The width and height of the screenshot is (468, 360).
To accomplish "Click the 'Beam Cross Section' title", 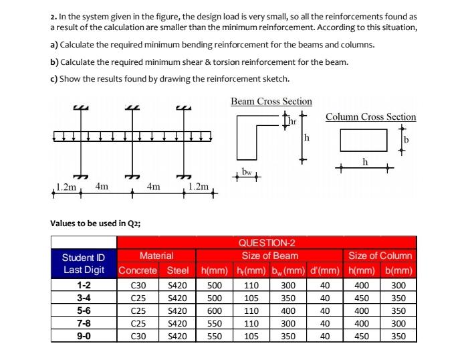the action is coord(271,101).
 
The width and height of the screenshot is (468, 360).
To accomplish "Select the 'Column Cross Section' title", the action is coord(370,116).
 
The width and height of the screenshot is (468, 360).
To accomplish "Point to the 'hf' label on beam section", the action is coord(292,121).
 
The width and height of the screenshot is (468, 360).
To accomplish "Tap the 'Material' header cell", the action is coord(156,256).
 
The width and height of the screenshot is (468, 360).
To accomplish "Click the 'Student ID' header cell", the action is coord(84,256).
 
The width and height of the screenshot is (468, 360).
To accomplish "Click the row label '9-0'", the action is coord(84,337).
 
